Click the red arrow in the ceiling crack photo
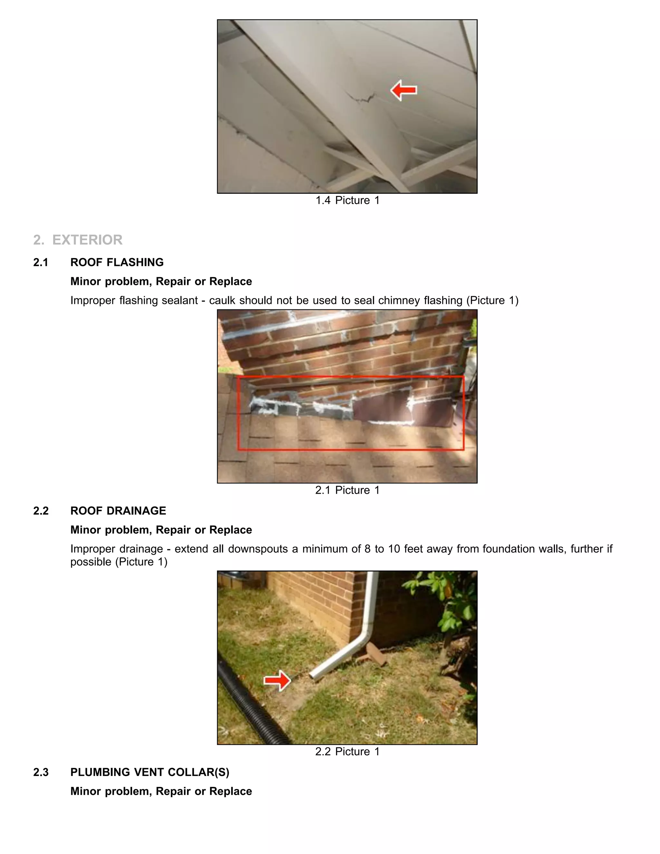tap(403, 90)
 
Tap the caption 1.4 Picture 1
tap(347, 200)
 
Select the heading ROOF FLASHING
tap(117, 262)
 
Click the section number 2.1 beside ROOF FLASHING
tap(41, 262)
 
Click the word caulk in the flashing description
tap(222, 300)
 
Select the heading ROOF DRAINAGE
tap(118, 511)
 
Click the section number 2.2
tap(41, 511)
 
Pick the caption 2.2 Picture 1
tap(347, 751)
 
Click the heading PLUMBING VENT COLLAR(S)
tap(150, 772)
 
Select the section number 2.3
tap(41, 772)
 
